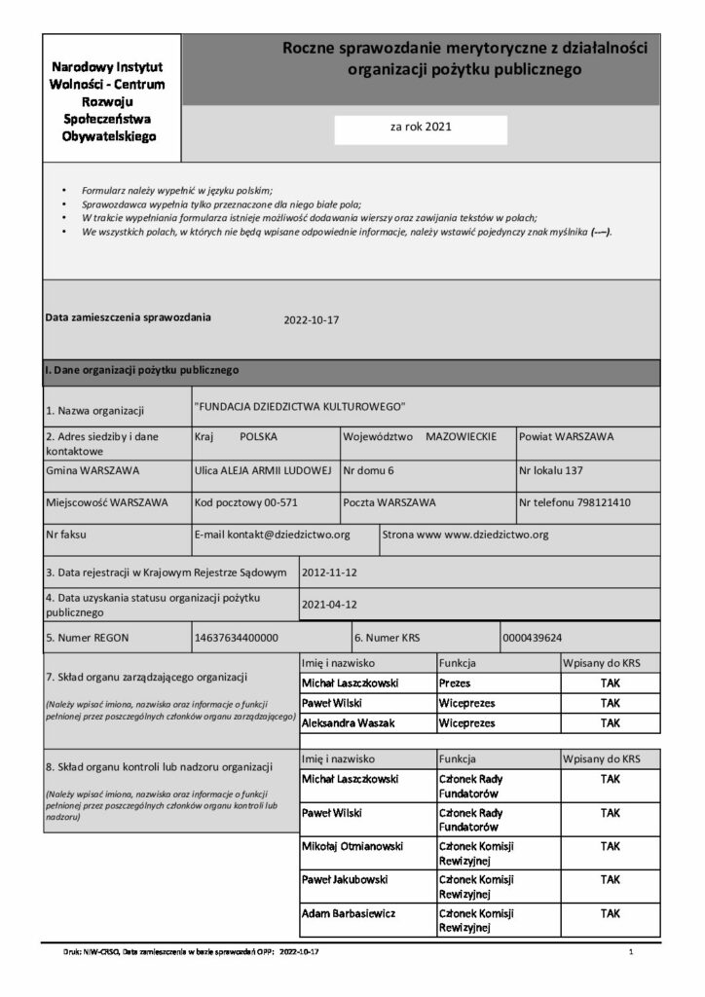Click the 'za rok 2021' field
click(x=421, y=127)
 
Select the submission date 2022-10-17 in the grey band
click(x=311, y=319)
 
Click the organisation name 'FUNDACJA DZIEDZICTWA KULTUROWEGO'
click(x=300, y=405)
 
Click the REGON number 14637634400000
click(x=238, y=638)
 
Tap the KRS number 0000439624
click(x=532, y=638)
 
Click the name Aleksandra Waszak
click(x=344, y=723)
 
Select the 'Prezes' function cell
click(x=455, y=683)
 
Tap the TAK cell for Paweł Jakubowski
click(x=610, y=880)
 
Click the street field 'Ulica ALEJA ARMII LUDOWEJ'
click(x=263, y=471)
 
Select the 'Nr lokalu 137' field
click(x=551, y=471)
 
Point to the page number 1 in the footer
click(x=632, y=950)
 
